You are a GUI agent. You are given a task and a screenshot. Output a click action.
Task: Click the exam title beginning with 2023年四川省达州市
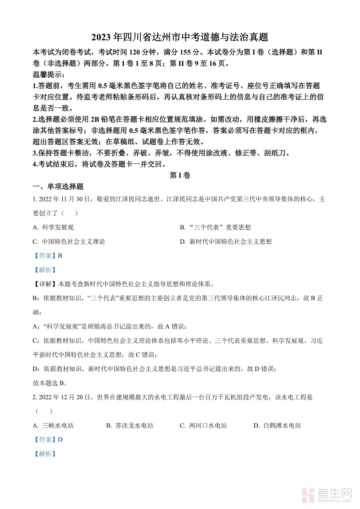[180, 37]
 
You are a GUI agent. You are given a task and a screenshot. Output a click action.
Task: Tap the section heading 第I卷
[180, 175]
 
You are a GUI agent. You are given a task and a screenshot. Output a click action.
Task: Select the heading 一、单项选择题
[58, 187]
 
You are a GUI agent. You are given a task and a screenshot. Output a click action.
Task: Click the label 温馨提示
[48, 75]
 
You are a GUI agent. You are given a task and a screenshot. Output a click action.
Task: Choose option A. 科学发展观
[53, 227]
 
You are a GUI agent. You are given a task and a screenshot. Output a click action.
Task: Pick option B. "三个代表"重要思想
[215, 227]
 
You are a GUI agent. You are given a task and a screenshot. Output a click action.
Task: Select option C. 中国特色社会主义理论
[69, 242]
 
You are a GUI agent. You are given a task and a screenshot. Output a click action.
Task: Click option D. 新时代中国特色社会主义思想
[226, 242]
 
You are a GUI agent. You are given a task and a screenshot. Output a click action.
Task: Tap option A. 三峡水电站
[53, 426]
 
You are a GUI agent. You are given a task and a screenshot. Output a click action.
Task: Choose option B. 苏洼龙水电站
[130, 426]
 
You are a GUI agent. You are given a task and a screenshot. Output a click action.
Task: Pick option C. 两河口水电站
[203, 426]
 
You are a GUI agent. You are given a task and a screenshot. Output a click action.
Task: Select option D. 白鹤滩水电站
[277, 426]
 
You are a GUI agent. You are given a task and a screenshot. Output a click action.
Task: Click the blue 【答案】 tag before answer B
[45, 256]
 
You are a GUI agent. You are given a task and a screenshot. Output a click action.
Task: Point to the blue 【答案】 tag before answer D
[45, 440]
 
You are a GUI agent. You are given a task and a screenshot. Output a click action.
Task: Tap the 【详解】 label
[45, 284]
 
